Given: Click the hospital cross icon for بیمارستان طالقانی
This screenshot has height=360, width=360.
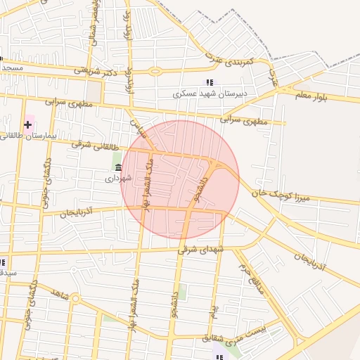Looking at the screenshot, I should tap(27, 125).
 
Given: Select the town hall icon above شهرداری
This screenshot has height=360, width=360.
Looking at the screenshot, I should tap(117, 168).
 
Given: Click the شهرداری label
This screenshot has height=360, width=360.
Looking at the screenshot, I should tap(119, 178).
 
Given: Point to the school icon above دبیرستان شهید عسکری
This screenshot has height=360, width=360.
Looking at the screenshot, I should tap(209, 83).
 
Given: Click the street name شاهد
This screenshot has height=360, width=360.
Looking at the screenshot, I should tap(60, 295).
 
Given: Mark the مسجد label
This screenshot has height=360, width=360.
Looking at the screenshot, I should tap(12, 67).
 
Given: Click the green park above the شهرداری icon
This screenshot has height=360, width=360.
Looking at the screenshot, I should tap(117, 157).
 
